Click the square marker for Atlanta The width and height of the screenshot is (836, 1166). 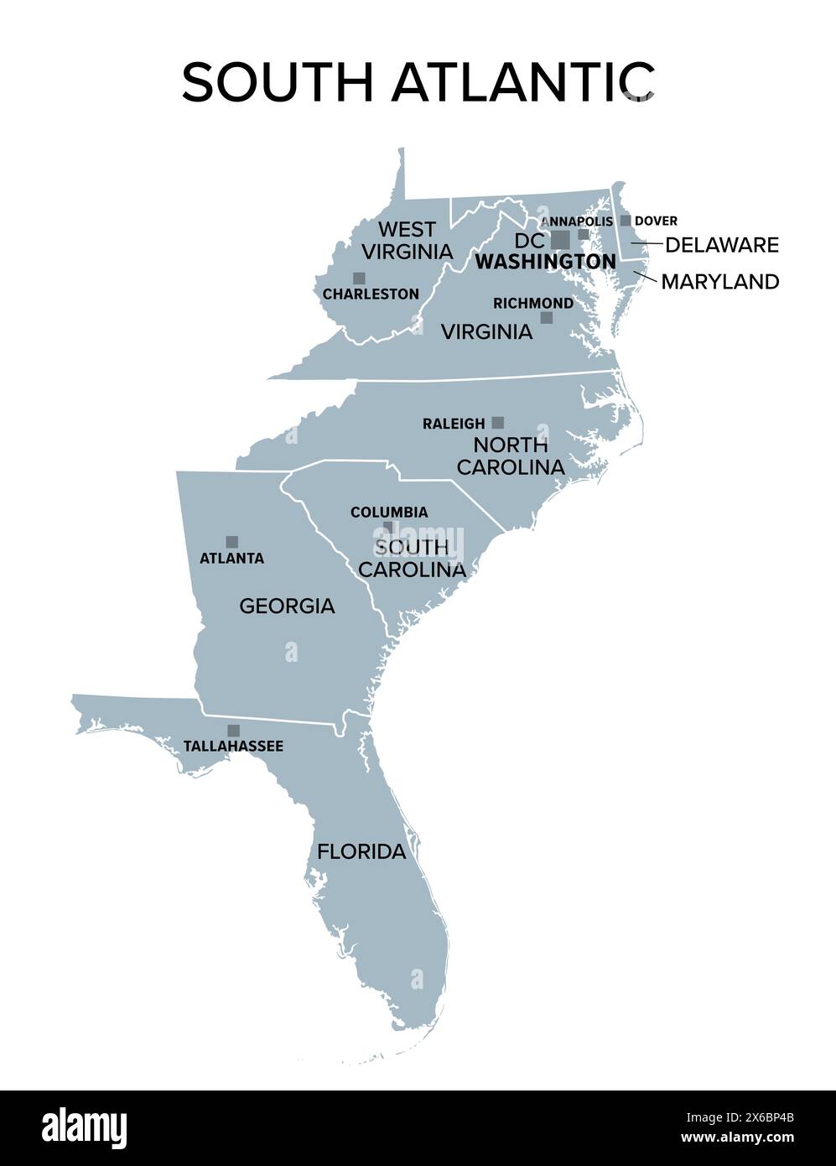[x=231, y=542]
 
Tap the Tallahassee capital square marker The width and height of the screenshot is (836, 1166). [x=233, y=731]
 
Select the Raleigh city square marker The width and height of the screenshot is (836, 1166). [x=497, y=423]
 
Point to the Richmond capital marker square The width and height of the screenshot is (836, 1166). [x=546, y=318]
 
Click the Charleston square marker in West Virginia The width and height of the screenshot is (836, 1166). [x=359, y=278]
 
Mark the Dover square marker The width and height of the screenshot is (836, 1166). [x=626, y=221]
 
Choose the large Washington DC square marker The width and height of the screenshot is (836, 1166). [x=560, y=240]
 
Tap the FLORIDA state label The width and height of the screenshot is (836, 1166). [x=361, y=851]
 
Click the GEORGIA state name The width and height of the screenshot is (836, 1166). [x=287, y=605]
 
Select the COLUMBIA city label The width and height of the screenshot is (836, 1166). [x=388, y=512]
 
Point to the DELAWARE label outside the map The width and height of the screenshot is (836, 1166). [x=721, y=245]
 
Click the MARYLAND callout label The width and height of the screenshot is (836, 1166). [x=719, y=282]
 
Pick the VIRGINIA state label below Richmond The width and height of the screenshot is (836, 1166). [x=486, y=331]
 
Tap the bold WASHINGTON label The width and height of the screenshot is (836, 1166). [x=545, y=262]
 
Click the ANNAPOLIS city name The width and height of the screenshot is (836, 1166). [x=577, y=221]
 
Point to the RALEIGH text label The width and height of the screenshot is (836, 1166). [x=454, y=424]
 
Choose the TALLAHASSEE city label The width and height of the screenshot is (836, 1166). [x=233, y=746]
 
